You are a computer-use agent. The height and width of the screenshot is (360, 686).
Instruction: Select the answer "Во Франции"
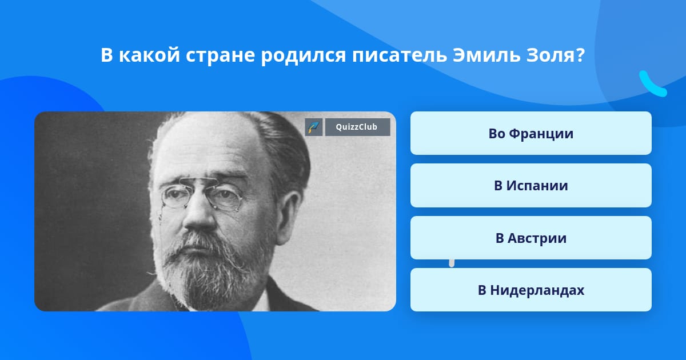point(531,133)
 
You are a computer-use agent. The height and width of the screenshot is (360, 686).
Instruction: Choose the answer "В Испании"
point(531,186)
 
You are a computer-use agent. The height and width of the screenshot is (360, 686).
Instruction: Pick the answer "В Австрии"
point(531,238)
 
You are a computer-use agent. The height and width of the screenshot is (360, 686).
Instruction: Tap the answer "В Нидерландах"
point(531,290)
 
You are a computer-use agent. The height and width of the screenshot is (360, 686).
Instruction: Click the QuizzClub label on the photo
point(357,127)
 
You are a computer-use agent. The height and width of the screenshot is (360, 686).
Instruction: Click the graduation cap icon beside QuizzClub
point(314,127)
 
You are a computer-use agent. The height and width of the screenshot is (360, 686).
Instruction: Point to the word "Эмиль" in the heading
point(486,55)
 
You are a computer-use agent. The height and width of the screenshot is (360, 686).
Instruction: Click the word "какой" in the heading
point(149,55)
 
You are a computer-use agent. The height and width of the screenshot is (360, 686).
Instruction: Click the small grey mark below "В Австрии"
point(452,263)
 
